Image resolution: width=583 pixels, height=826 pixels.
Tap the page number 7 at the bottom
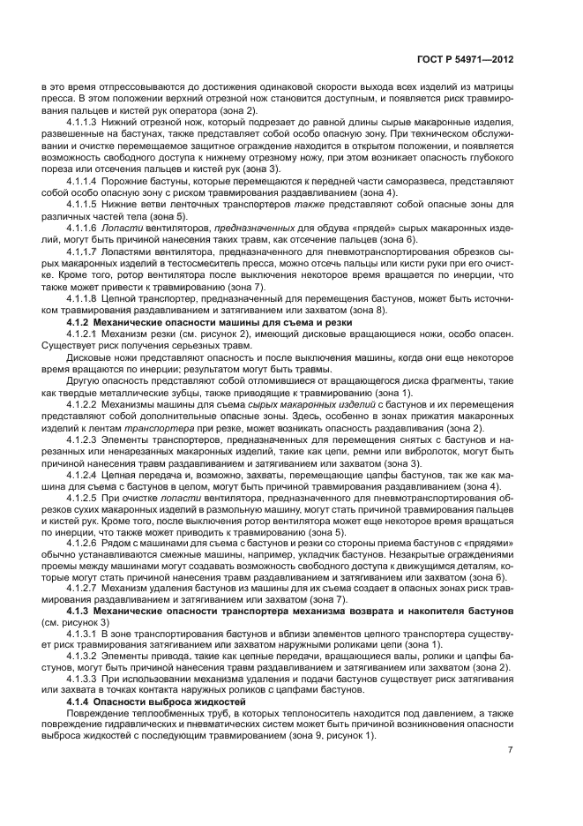pos(510,750)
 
